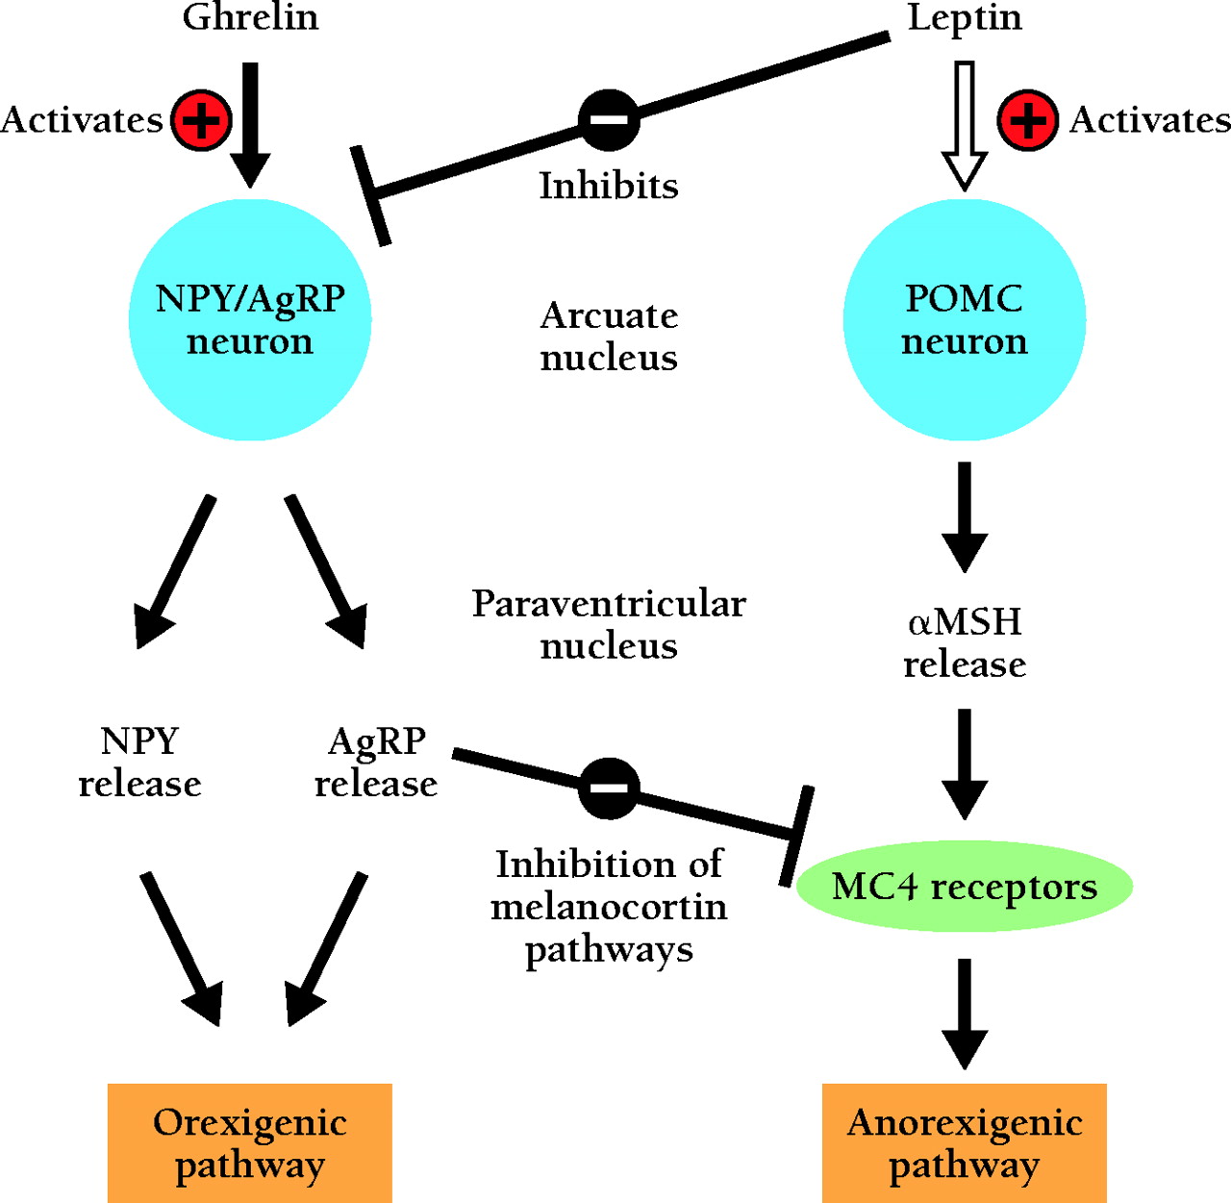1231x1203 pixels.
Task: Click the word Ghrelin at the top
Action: [x=250, y=18]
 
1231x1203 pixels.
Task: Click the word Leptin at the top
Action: [x=965, y=18]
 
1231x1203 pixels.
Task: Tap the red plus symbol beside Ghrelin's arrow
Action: [x=201, y=120]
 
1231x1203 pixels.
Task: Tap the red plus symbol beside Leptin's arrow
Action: [x=1027, y=120]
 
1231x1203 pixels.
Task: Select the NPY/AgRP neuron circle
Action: [x=250, y=319]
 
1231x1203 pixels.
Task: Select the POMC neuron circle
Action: [x=965, y=319]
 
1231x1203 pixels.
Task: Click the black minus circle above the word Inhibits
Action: [x=609, y=120]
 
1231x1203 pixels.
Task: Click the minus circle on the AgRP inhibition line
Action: [x=609, y=788]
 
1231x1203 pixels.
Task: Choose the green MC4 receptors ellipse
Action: [x=965, y=886]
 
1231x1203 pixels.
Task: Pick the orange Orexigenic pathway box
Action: [x=250, y=1142]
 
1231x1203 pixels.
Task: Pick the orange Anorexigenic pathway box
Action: [x=965, y=1142]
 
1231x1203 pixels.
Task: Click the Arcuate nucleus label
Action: [x=609, y=336]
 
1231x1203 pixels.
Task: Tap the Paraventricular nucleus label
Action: [x=609, y=624]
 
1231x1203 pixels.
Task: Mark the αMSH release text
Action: [x=965, y=642]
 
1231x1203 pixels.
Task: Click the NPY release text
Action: [x=139, y=762]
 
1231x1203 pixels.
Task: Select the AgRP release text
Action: [x=376, y=762]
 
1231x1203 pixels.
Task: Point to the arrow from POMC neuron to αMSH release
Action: [x=965, y=516]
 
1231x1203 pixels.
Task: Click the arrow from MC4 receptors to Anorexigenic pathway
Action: [x=965, y=1014]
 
